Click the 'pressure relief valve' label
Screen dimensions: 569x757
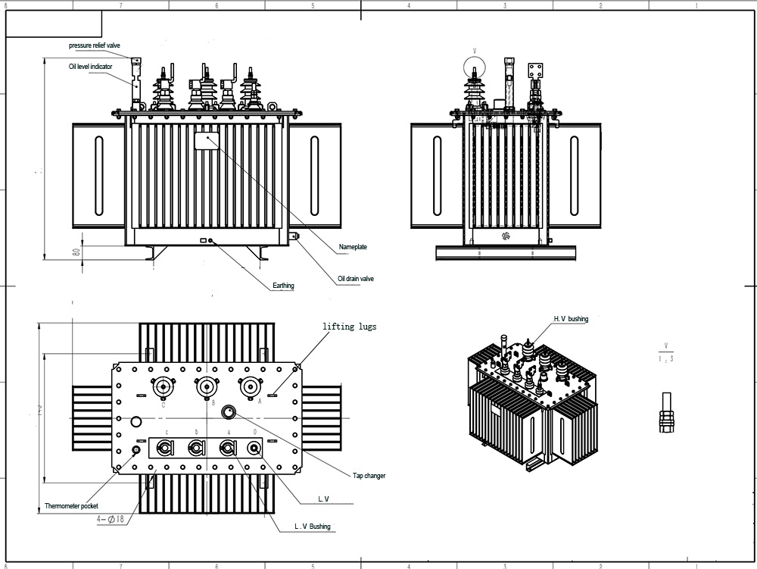coord(95,45)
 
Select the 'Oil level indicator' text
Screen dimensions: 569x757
coord(90,67)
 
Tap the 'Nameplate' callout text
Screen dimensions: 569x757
coord(353,247)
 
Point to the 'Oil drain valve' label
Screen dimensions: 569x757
coord(356,279)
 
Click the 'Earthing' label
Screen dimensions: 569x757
coord(283,286)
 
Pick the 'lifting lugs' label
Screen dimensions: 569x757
coord(349,327)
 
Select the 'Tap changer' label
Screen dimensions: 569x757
coord(369,476)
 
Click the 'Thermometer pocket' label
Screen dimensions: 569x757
coord(71,505)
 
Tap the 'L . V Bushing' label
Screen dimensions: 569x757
coord(312,527)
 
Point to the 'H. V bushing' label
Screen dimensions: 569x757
coord(571,319)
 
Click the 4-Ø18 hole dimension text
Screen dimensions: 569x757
coord(111,519)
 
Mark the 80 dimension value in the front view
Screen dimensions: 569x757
coord(76,252)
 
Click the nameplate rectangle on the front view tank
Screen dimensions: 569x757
coord(207,140)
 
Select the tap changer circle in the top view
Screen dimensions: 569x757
coord(229,411)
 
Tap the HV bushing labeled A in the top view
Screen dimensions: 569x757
coord(248,386)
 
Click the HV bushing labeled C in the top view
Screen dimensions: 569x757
coord(162,386)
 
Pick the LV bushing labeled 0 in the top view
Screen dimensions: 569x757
coord(254,448)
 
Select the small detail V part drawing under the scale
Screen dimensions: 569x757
coord(666,413)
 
